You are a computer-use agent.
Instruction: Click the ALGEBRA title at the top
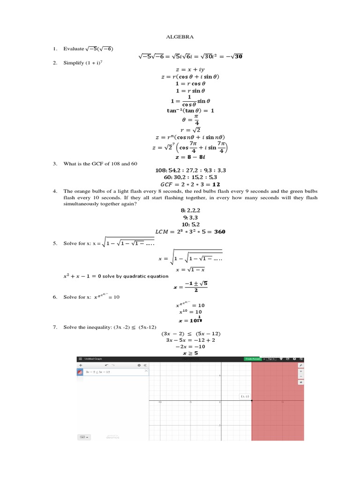[180, 36]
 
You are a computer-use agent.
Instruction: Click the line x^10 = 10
[190, 312]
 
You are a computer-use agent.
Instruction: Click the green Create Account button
[253, 359]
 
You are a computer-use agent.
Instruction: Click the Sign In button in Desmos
[271, 359]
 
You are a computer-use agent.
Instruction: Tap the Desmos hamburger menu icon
[80, 359]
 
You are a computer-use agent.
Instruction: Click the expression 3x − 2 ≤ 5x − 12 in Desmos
[98, 372]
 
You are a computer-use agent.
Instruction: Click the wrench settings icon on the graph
[300, 365]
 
